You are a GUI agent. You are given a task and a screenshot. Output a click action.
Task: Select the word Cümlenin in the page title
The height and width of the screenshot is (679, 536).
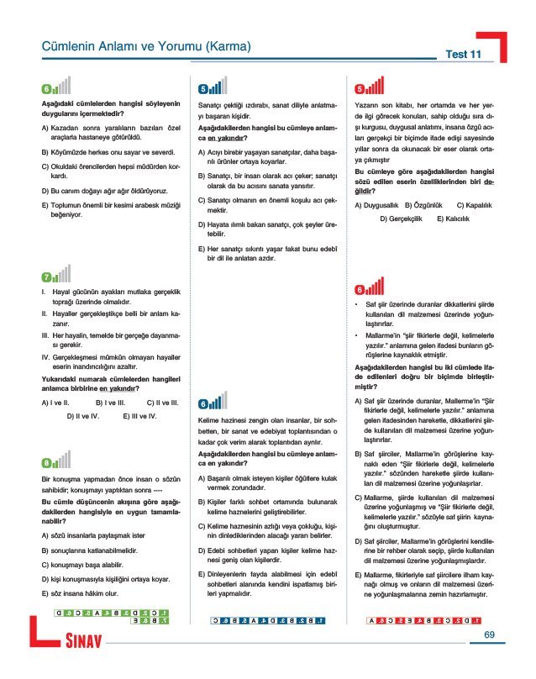click(70, 49)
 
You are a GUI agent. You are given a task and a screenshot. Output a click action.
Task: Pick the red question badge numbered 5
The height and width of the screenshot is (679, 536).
click(360, 88)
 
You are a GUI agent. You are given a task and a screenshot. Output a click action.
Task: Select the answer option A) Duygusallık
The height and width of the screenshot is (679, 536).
click(377, 204)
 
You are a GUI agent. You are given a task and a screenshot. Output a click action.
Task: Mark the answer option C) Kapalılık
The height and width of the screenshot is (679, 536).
click(475, 204)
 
